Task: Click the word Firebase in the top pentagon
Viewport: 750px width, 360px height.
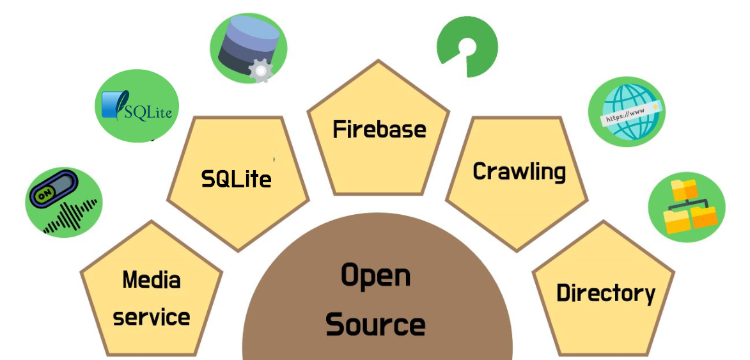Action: [379, 130]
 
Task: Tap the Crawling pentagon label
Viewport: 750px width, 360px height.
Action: [519, 171]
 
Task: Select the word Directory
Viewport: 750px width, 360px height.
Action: [605, 293]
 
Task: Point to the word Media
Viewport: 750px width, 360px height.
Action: [152, 279]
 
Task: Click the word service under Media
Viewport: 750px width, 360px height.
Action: [152, 317]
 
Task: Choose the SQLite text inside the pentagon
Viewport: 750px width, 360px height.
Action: [236, 179]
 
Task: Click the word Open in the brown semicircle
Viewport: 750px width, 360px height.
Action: [375, 276]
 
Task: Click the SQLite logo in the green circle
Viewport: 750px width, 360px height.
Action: [137, 106]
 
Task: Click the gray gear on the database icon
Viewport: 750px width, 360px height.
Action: [260, 70]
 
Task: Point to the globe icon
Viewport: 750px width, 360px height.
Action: [625, 111]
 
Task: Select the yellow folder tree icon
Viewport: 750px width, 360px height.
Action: [686, 206]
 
